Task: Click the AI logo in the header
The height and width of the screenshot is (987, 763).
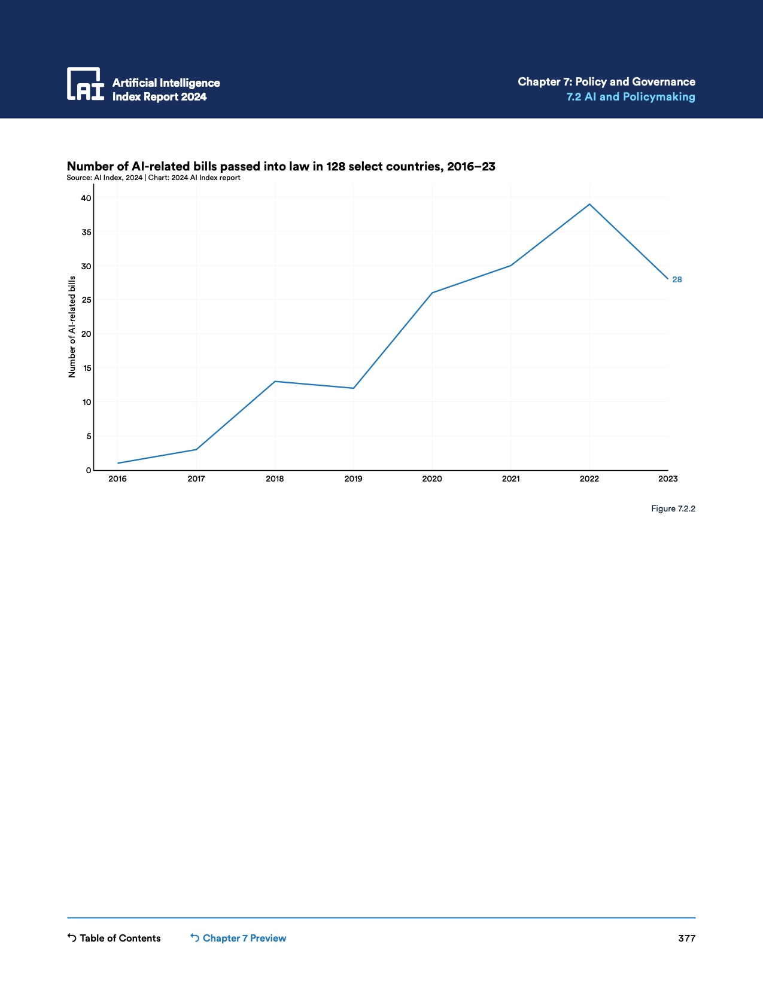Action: tap(86, 84)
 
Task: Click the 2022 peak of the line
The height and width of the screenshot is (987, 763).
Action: tap(589, 205)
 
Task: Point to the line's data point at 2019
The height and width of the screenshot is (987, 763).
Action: tap(354, 388)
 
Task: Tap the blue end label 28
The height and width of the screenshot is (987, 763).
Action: tap(677, 279)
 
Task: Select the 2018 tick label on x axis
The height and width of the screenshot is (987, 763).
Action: tap(275, 479)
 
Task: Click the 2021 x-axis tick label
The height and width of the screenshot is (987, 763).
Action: tap(510, 479)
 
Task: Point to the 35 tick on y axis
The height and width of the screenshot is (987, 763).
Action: tap(86, 232)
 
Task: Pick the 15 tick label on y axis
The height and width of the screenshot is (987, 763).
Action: tap(87, 368)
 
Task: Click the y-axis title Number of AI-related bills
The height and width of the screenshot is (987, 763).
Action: tap(72, 327)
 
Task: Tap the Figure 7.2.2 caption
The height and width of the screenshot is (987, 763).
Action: tap(673, 508)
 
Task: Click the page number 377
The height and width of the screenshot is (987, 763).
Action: tap(686, 938)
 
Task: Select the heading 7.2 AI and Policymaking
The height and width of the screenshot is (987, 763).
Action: tap(631, 97)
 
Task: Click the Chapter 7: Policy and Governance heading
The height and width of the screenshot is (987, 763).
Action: tap(606, 81)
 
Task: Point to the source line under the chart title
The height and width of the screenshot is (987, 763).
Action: tap(153, 178)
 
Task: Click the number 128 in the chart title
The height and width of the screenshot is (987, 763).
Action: tap(335, 166)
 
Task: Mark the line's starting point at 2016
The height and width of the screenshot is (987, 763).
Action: tap(118, 463)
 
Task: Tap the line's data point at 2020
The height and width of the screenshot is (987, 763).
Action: tap(432, 293)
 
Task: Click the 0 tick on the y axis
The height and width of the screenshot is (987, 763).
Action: tap(89, 470)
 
